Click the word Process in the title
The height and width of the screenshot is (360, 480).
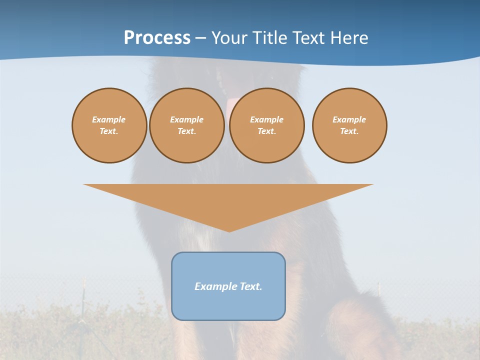(157, 38)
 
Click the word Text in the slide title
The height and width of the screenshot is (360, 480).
(309, 38)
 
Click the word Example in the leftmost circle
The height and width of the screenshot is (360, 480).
(109, 119)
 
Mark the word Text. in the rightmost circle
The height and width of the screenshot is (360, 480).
(349, 131)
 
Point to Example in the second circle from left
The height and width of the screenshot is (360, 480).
(186, 119)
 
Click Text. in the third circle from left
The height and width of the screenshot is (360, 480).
(266, 131)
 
